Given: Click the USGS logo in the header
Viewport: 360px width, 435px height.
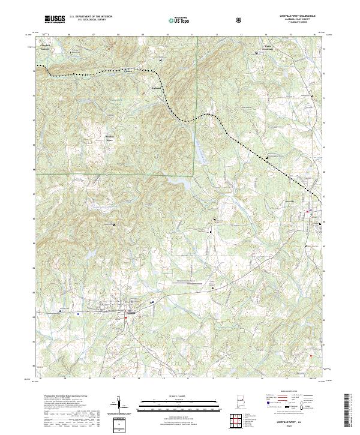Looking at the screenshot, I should (x=55, y=19).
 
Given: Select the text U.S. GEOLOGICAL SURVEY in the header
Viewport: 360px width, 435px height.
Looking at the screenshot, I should (x=91, y=20).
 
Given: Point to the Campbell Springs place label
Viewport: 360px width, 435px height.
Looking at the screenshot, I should (x=45, y=46).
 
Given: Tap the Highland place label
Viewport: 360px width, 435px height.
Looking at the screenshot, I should (x=155, y=88).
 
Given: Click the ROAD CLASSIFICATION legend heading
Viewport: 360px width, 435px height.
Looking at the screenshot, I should (x=289, y=392).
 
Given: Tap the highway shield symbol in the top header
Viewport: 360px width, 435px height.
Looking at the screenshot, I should (x=240, y=20).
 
